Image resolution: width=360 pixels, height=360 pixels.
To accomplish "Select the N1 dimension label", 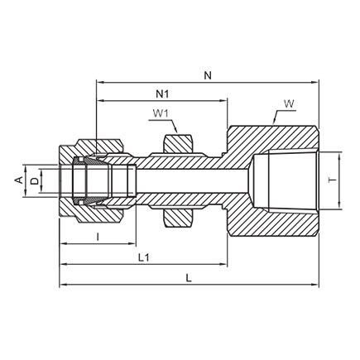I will click(162, 93).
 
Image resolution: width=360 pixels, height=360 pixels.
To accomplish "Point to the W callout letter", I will click(288, 103).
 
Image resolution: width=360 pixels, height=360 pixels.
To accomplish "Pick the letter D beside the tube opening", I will click(33, 179).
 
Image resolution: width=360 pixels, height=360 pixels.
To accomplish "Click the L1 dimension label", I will click(142, 258).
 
